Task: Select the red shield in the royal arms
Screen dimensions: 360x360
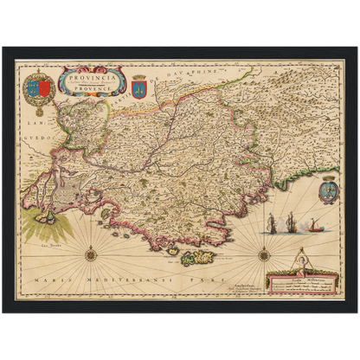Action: click(x=33, y=88)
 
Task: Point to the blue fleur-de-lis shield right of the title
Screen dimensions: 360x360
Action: click(x=139, y=87)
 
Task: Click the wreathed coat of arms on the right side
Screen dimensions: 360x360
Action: click(x=327, y=188)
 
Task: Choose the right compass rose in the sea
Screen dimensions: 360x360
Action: click(x=264, y=253)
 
